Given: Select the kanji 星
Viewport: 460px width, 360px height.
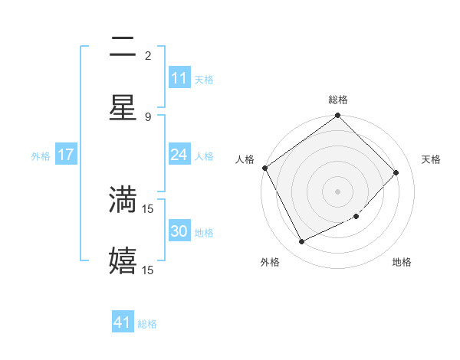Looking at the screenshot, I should click(x=123, y=107).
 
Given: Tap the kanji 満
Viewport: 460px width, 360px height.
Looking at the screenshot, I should click(x=123, y=199).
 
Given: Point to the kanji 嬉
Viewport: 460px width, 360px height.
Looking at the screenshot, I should click(x=123, y=260).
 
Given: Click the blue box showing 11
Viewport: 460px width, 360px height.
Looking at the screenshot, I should click(x=179, y=78).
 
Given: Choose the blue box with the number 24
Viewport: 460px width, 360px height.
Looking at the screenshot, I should click(x=179, y=155).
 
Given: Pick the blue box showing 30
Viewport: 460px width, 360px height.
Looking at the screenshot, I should click(x=179, y=231).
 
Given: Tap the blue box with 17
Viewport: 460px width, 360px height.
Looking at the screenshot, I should click(x=66, y=155).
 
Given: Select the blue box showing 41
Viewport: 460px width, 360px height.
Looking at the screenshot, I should click(x=123, y=322).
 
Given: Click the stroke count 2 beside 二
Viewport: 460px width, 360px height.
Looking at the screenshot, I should click(x=148, y=56).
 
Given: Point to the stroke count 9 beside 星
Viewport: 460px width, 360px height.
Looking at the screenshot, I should click(x=148, y=117).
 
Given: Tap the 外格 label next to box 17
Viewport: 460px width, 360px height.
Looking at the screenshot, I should click(x=41, y=156).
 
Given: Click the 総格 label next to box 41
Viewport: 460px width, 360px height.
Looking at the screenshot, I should click(x=147, y=324).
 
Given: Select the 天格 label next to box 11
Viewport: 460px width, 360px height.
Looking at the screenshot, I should click(x=204, y=80).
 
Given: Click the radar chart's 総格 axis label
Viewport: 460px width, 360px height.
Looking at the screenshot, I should click(x=338, y=100).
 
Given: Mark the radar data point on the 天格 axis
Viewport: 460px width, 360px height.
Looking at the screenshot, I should click(x=396, y=172).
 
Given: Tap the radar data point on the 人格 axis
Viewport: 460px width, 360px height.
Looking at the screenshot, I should click(x=264, y=168).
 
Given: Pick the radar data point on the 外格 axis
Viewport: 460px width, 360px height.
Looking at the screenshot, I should click(x=302, y=242).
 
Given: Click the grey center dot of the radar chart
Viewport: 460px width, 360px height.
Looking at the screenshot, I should click(x=338, y=191).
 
